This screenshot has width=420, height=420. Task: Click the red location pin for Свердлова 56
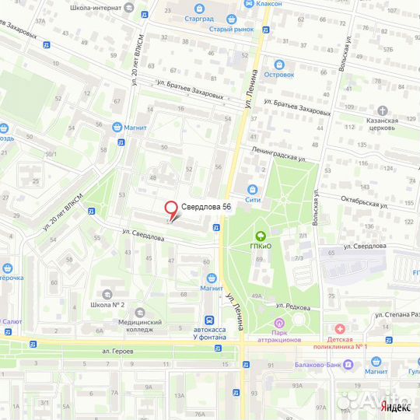[170, 209]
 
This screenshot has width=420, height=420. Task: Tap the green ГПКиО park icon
[261, 235]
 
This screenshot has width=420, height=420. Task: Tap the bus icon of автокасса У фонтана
[208, 320]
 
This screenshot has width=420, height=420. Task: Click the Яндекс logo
[394, 406]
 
